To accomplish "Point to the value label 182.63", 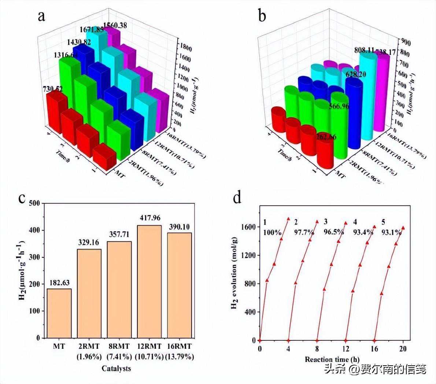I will (59, 283).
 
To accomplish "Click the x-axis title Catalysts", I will (116, 368).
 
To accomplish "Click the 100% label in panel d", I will (272, 233).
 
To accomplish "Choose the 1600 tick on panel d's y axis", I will (248, 227).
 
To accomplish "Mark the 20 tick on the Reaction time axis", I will (403, 348).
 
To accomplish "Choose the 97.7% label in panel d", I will (304, 233).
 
